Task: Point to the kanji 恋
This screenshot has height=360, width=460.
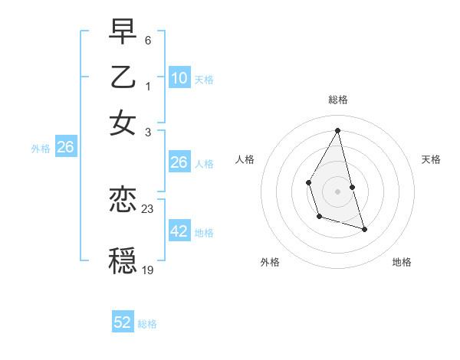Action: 123,201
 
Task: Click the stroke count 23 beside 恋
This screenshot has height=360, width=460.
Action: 148,208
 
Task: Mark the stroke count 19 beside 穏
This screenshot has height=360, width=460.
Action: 148,270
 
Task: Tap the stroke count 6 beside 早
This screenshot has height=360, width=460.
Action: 148,39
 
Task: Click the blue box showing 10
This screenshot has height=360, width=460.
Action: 179,78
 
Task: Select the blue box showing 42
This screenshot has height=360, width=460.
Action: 179,231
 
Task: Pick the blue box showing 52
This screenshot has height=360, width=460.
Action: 123,322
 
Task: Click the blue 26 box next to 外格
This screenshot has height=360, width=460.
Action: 65,148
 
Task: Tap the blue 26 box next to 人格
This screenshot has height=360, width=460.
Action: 179,162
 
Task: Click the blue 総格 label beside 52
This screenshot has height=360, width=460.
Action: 147,324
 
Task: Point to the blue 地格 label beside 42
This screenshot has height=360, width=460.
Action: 204,233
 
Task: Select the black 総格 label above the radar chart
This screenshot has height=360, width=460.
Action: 338,100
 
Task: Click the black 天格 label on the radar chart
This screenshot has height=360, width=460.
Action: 431,159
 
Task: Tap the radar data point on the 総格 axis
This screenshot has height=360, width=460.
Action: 338,130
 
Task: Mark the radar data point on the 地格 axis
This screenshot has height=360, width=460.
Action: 364,229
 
